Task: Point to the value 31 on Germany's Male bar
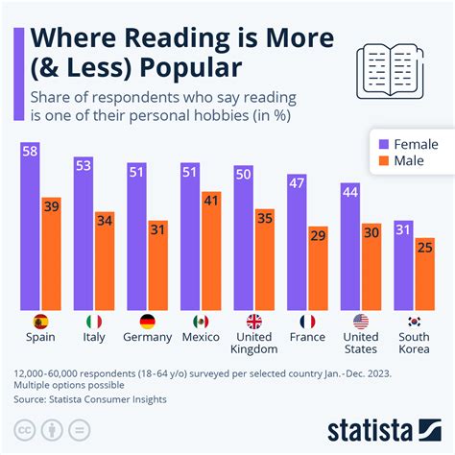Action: pyautogui.click(x=157, y=230)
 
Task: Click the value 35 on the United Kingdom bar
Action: pyautogui.click(x=264, y=219)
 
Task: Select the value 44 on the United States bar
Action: pyautogui.click(x=349, y=193)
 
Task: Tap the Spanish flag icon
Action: pyautogui.click(x=41, y=322)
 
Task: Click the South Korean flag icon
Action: pyautogui.click(x=414, y=322)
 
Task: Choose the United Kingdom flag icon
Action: pyautogui.click(x=254, y=322)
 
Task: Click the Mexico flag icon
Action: pyautogui.click(x=201, y=322)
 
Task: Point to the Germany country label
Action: pyautogui.click(x=148, y=337)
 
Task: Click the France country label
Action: pyautogui.click(x=307, y=337)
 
